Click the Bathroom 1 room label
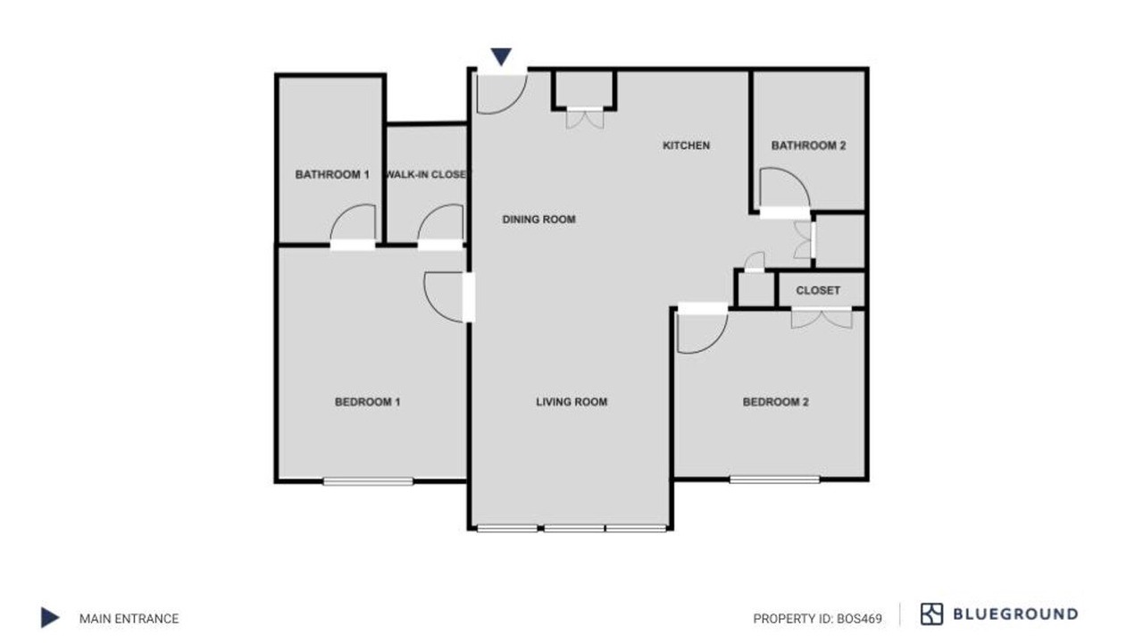[x=332, y=174]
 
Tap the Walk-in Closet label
[x=427, y=174]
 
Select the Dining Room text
[x=538, y=220]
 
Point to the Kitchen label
[x=687, y=146]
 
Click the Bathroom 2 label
[x=809, y=146]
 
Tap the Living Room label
[x=571, y=402]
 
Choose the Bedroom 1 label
[x=367, y=402]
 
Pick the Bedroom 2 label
[x=776, y=402]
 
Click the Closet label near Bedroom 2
[x=818, y=290]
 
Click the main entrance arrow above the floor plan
[x=501, y=56]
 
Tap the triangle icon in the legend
[x=49, y=617]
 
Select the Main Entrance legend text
[x=129, y=619]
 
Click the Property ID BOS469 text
[x=817, y=619]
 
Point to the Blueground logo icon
[x=931, y=614]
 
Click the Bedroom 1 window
[x=368, y=480]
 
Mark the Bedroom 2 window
[x=774, y=480]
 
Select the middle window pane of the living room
[x=574, y=529]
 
